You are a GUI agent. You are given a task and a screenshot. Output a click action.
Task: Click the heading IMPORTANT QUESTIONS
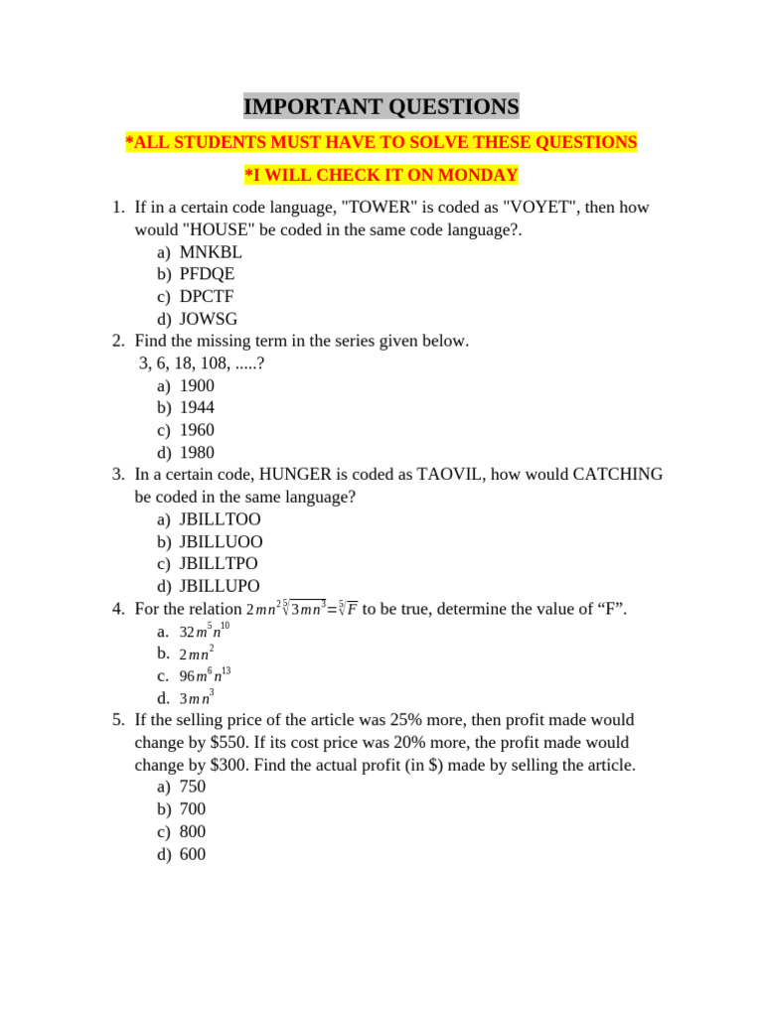tap(381, 106)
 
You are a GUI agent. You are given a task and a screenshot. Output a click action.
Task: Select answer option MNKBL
tap(211, 252)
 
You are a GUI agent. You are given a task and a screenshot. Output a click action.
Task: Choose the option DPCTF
tap(207, 296)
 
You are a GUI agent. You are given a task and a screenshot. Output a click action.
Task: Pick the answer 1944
tap(197, 407)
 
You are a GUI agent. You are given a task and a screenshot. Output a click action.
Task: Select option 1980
tap(197, 452)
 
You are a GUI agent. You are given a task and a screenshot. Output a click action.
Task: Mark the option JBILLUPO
tap(221, 586)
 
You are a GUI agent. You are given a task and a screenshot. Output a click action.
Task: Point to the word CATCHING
tap(618, 475)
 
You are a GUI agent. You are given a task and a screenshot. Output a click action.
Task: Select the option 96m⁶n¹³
tap(205, 675)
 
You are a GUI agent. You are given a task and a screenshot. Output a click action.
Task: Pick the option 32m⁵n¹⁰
tap(205, 632)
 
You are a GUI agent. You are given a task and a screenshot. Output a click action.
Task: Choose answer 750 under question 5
tap(193, 787)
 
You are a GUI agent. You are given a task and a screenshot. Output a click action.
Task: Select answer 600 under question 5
tap(193, 854)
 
